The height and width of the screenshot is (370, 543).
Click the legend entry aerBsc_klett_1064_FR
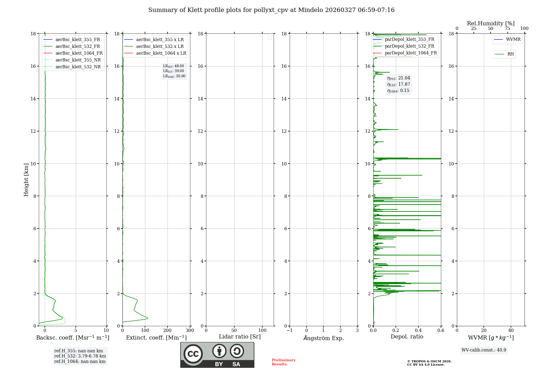pyautogui.click(x=79, y=53)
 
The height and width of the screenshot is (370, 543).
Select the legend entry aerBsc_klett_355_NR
pyautogui.click(x=78, y=60)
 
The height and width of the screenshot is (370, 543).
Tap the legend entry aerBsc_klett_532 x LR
pyautogui.click(x=160, y=47)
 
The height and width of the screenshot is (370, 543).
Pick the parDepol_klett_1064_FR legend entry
pyautogui.click(x=411, y=53)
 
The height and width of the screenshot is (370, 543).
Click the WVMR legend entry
pyautogui.click(x=513, y=39)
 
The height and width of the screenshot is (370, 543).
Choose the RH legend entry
pyautogui.click(x=510, y=54)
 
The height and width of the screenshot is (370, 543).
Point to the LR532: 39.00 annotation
pyautogui.click(x=173, y=71)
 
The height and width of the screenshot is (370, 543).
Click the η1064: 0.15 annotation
pyautogui.click(x=398, y=91)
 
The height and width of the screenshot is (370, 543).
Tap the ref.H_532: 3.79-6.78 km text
pyautogui.click(x=80, y=356)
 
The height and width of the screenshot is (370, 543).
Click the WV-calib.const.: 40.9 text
pyautogui.click(x=484, y=350)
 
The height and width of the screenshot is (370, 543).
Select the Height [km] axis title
pyautogui.click(x=26, y=180)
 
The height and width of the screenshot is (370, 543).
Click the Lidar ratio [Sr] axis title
pyautogui.click(x=240, y=337)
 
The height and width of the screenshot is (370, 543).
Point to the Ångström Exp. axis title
pyautogui.click(x=324, y=338)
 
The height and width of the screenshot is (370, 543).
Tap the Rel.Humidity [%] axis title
pyautogui.click(x=491, y=23)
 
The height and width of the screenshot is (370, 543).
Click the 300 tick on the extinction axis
pyautogui.click(x=190, y=331)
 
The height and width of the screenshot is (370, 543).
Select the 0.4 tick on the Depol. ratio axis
pyautogui.click(x=418, y=331)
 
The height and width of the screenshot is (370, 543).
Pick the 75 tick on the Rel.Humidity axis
pyautogui.click(x=507, y=29)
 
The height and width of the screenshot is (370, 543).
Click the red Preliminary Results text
pyautogui.click(x=283, y=362)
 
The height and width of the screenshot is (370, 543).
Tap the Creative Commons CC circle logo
pyautogui.click(x=193, y=354)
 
